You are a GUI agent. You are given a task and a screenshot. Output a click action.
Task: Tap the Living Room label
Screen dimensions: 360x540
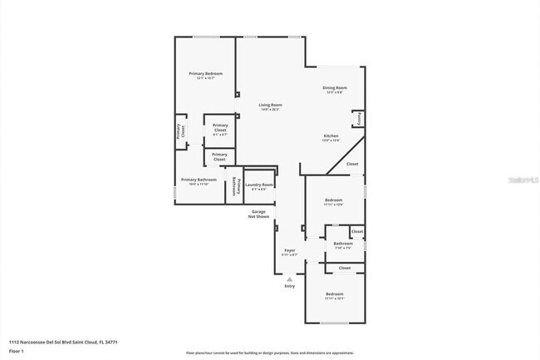point(271,106)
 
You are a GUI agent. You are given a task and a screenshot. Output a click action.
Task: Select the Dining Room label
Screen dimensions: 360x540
point(335,89)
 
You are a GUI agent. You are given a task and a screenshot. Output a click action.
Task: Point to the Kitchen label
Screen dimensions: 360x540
point(331,137)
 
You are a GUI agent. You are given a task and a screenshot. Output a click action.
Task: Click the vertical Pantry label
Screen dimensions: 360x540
point(359,119)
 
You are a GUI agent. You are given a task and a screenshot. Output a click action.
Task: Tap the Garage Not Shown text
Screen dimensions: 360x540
point(260,214)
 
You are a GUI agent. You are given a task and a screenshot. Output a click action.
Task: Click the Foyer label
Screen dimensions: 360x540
point(289,251)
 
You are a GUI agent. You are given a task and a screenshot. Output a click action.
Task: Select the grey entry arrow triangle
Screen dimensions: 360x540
point(289,279)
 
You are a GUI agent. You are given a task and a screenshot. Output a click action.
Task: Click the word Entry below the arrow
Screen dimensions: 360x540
point(289,287)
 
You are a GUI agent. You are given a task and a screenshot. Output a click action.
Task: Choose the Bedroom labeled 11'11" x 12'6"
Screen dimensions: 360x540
point(333,203)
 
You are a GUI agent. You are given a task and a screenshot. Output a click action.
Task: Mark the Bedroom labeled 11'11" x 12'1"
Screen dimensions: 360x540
point(334,297)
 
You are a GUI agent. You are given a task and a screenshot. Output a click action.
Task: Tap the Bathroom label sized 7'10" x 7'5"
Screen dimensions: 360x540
point(343,245)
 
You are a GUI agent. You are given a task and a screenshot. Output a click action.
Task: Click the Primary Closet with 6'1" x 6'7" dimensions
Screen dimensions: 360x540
point(220,127)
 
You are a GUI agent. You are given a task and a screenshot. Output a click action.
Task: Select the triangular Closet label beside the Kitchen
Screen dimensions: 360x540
point(352,165)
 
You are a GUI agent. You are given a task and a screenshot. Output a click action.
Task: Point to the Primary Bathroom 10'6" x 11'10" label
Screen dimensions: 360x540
point(199,182)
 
